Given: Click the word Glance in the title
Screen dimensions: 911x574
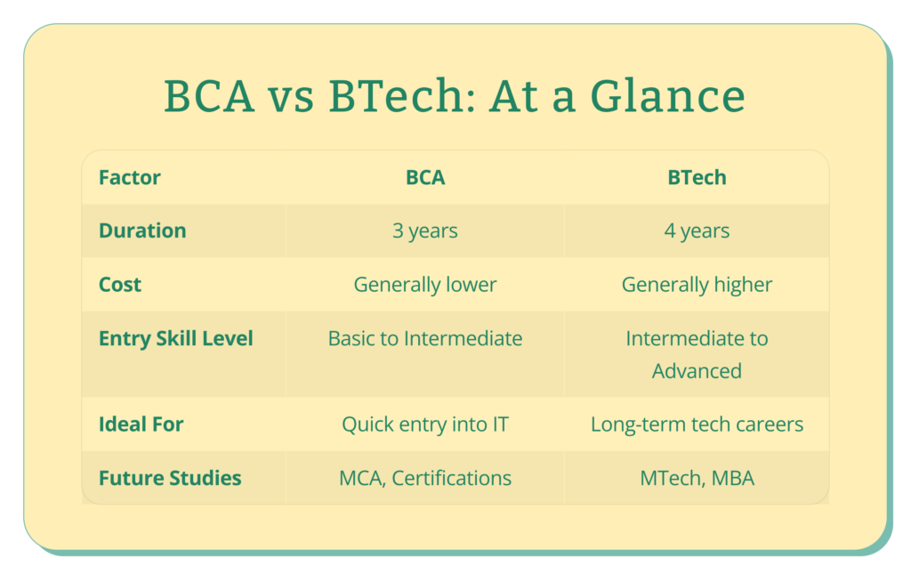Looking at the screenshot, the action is [667, 96].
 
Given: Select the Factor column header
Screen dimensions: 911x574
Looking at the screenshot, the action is [130, 177].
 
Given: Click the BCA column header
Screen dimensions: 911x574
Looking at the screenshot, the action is [425, 177].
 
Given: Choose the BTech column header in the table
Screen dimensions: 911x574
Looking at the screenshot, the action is [697, 177].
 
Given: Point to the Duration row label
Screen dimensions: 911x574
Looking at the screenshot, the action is [142, 230].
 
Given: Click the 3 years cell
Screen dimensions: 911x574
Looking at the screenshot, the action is [425, 231].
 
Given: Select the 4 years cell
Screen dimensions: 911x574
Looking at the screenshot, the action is [697, 231].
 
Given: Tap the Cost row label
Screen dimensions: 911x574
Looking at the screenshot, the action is [120, 285].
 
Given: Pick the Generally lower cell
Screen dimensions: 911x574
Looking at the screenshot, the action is [425, 285].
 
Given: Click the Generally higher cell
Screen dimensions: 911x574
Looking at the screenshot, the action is [697, 285].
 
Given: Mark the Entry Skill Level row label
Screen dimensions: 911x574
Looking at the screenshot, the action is [176, 339].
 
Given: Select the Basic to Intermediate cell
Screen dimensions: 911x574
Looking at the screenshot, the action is [425, 338].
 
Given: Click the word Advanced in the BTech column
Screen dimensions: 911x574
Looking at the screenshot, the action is [697, 371].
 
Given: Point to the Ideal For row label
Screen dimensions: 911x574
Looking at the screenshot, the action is [141, 424].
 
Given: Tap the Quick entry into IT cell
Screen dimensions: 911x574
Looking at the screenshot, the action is [425, 424].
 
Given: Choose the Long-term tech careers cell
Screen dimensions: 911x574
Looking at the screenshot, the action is [697, 424].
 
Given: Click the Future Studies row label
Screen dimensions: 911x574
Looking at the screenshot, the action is [170, 478].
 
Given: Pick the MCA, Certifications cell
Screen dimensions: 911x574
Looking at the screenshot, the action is [425, 478].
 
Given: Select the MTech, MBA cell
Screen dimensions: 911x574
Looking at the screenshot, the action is [697, 478].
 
